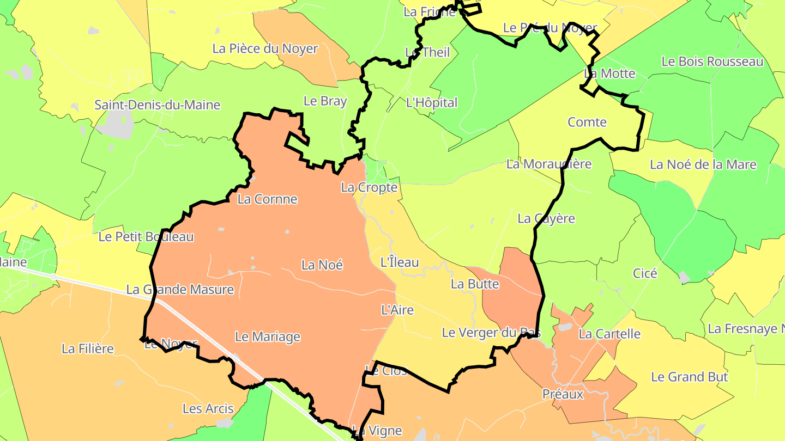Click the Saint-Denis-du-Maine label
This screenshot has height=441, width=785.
click(x=157, y=105)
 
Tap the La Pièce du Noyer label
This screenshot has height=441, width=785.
click(x=265, y=48)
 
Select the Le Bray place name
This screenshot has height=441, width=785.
click(x=325, y=101)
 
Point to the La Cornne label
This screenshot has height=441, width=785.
click(x=267, y=199)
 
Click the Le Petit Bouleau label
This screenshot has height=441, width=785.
click(x=146, y=237)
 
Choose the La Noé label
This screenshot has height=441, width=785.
click(x=322, y=265)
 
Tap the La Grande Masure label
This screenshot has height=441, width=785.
click(x=180, y=290)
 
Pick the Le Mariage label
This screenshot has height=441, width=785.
click(x=267, y=337)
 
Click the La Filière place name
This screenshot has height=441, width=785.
click(x=88, y=348)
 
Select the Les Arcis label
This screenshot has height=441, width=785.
click(x=208, y=409)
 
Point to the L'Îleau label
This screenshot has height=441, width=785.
click(x=400, y=262)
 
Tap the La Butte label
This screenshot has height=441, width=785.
click(x=475, y=284)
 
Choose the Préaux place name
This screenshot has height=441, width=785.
click(x=563, y=394)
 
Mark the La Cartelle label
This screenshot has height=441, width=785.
click(x=609, y=334)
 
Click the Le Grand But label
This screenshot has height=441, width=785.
click(x=690, y=377)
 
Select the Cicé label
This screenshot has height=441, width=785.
click(x=645, y=273)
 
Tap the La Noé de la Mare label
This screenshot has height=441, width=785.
click(x=703, y=164)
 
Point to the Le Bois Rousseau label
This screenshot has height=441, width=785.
click(x=712, y=62)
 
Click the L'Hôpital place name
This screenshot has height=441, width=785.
click(x=432, y=102)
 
